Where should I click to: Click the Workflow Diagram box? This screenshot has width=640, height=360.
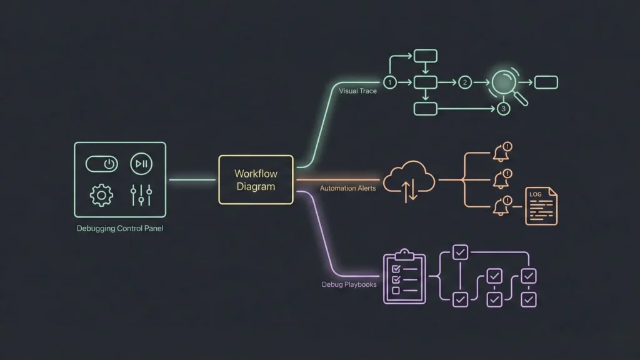(x=256, y=179)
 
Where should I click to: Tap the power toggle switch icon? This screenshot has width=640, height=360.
(x=102, y=164)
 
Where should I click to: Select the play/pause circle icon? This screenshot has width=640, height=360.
(x=141, y=164)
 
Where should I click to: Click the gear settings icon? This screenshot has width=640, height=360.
(x=102, y=195)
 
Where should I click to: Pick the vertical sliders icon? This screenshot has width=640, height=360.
(x=141, y=195)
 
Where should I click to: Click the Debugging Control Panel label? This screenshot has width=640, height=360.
(x=120, y=229)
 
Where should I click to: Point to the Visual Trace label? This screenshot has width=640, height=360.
(x=357, y=91)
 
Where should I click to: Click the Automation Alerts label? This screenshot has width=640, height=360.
(x=347, y=188)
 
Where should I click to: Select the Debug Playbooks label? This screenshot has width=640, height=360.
(x=349, y=285)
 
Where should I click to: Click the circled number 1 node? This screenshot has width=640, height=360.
(x=390, y=82)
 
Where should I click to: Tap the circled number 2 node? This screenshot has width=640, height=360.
(x=464, y=82)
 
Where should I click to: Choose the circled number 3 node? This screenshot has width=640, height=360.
(x=504, y=109)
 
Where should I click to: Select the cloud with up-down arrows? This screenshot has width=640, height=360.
(x=410, y=181)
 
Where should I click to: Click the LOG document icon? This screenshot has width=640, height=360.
(x=541, y=206)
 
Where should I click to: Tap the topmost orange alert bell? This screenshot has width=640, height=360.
(x=502, y=152)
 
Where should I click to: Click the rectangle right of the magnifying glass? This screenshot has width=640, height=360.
(x=546, y=82)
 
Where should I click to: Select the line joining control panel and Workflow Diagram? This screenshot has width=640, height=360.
(x=192, y=180)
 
